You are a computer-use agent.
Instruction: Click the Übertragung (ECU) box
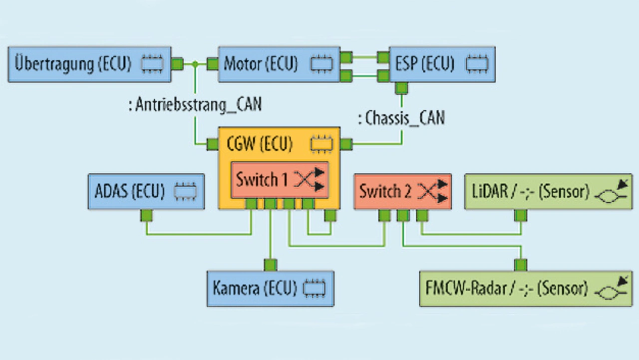(x=90, y=64)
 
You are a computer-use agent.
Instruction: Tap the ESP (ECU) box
(x=442, y=64)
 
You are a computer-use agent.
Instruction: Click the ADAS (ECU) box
(x=146, y=191)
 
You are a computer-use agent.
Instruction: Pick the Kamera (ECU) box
(x=270, y=289)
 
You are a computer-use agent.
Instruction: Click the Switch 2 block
(x=402, y=191)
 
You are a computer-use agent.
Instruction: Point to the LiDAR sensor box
(x=548, y=191)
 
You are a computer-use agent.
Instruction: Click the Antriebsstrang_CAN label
(x=195, y=105)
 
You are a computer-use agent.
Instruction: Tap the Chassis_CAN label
(x=402, y=118)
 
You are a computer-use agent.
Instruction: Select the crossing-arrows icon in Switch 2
(x=433, y=191)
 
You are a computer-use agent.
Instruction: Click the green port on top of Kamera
(x=270, y=265)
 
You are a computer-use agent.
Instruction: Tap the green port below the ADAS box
(x=146, y=216)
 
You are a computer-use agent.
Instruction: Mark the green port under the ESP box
(x=401, y=88)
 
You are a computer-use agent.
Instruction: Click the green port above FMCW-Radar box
(x=521, y=265)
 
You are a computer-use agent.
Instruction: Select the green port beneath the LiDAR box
(x=521, y=216)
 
